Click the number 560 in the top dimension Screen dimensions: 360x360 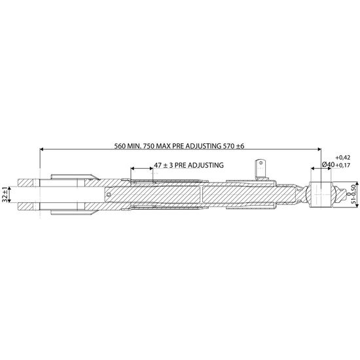point(120,146)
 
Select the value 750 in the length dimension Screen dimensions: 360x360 point(149,146)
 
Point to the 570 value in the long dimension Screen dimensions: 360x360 point(228,146)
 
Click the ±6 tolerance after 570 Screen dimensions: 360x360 point(240,146)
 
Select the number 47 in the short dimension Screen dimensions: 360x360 point(158,165)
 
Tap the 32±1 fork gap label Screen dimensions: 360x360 point(5,194)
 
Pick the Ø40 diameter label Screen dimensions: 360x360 point(328,164)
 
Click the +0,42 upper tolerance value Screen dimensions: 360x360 point(343,158)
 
